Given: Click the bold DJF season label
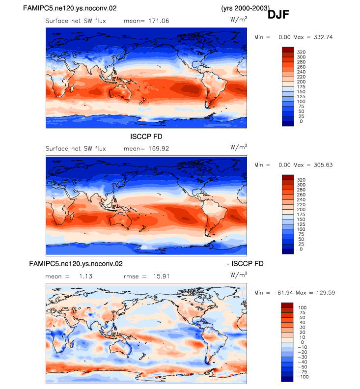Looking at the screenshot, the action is click(x=278, y=15).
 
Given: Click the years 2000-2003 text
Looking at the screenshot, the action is click(x=245, y=8).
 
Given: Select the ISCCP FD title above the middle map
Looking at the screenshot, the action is click(x=146, y=137).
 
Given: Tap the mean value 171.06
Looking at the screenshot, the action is click(x=159, y=21).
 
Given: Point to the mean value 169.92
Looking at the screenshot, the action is click(x=159, y=149).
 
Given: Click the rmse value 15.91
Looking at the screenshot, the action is click(x=161, y=277).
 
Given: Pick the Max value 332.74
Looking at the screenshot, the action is click(x=323, y=37).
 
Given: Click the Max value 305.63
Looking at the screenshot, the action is click(x=323, y=165).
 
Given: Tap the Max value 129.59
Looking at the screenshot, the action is click(x=326, y=293).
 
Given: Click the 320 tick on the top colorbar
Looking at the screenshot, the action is click(x=301, y=52).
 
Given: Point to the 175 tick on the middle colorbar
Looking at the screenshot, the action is click(x=301, y=215).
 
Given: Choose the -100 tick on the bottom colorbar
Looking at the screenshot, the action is click(x=303, y=377).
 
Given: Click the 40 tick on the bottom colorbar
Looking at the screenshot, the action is click(x=302, y=323).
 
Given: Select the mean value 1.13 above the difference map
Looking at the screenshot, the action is click(x=86, y=277).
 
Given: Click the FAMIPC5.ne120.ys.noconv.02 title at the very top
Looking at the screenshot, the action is click(x=70, y=8).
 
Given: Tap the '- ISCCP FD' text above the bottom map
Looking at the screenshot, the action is click(x=245, y=264).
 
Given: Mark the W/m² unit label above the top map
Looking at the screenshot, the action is click(x=239, y=19).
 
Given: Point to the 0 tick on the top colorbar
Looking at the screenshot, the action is click(x=301, y=121).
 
